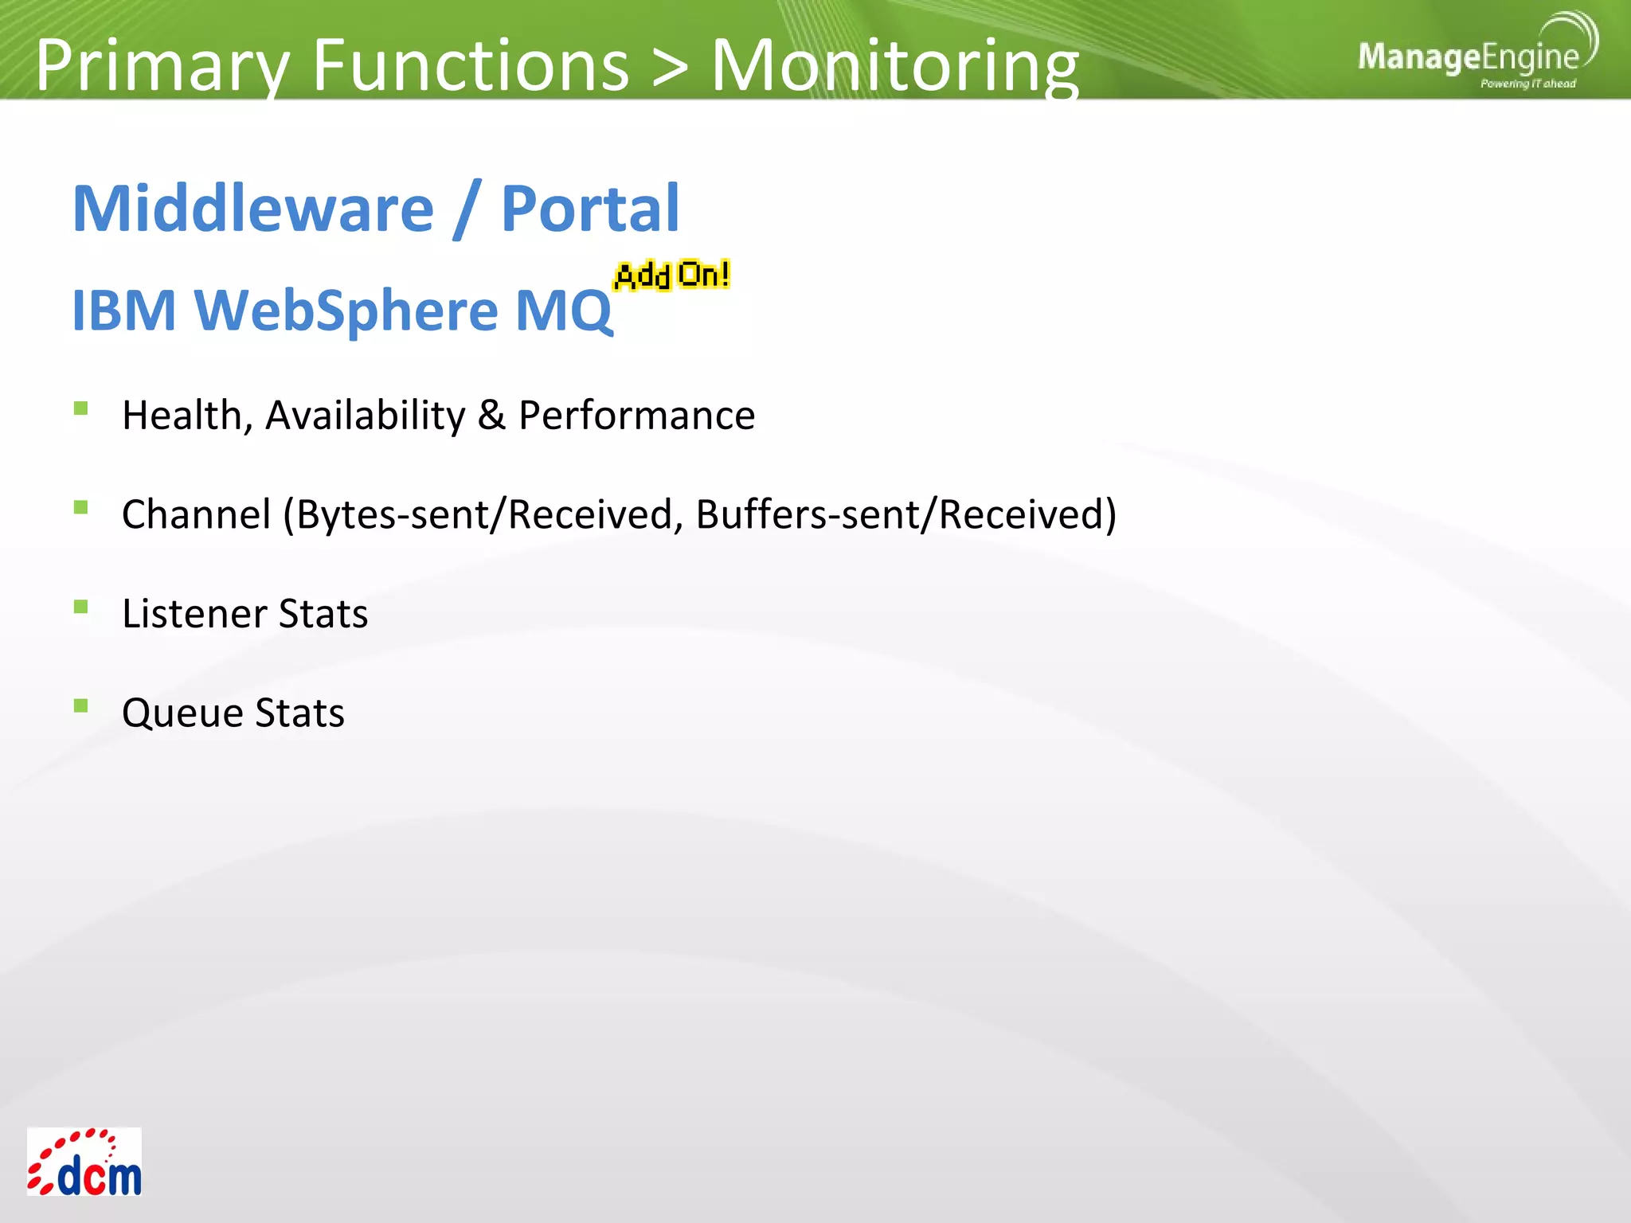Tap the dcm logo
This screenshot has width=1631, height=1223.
(84, 1162)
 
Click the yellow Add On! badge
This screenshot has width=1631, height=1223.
(672, 275)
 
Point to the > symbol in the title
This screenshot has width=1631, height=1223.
(669, 67)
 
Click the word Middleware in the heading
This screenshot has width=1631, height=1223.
(253, 209)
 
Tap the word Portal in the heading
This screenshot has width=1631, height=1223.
(590, 209)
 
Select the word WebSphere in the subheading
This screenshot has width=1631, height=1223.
(346, 310)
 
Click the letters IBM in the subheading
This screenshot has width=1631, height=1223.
(123, 310)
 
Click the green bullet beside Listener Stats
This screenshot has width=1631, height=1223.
(80, 608)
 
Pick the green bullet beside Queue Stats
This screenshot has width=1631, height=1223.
(80, 706)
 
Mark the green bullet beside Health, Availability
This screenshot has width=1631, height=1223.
(80, 409)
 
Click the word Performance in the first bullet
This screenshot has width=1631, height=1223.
(636, 416)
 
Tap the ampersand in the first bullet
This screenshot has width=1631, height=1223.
(491, 416)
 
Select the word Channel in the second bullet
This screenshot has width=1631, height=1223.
(197, 514)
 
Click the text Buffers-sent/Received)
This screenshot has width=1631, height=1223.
(905, 514)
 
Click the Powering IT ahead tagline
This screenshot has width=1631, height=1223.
(1527, 84)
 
